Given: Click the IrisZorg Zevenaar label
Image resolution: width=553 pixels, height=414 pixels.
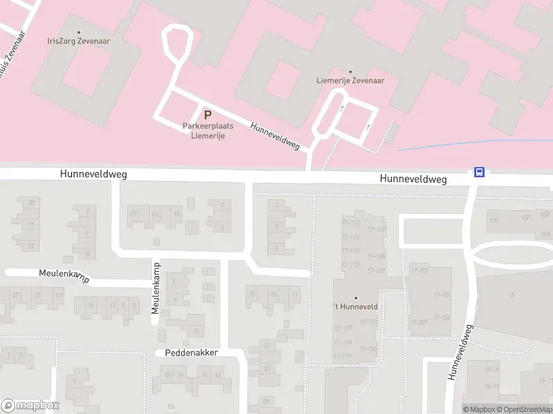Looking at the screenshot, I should [x=78, y=41].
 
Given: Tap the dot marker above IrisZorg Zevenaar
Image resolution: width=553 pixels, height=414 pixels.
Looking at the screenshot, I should [x=78, y=32].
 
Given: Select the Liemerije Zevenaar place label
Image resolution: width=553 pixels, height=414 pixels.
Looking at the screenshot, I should [x=350, y=80].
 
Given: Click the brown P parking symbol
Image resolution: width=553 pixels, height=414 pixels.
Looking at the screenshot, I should [x=207, y=115].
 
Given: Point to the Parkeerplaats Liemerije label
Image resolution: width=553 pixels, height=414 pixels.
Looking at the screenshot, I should [x=207, y=130].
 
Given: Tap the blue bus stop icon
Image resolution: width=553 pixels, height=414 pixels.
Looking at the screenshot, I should [x=478, y=172].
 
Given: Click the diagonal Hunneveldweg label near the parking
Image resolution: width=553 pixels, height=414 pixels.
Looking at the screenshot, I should [x=274, y=137].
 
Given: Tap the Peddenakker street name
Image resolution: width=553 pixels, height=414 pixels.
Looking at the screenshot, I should [x=191, y=353].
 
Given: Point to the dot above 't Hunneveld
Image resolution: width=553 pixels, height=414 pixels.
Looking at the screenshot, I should [x=356, y=299].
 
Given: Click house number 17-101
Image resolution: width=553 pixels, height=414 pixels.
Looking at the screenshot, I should [x=420, y=270].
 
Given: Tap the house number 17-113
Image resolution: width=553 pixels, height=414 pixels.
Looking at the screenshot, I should [x=350, y=264].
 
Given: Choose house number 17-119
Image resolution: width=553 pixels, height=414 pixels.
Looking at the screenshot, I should [x=343, y=356].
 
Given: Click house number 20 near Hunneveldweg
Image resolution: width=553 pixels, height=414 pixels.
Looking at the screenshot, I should [x=31, y=203].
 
